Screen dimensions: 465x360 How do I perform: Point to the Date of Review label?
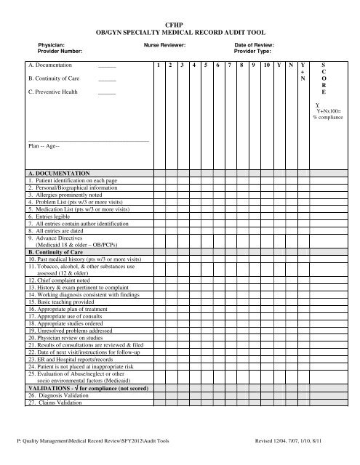point(254,45)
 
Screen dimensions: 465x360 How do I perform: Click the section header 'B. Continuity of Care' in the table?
point(55,251)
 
